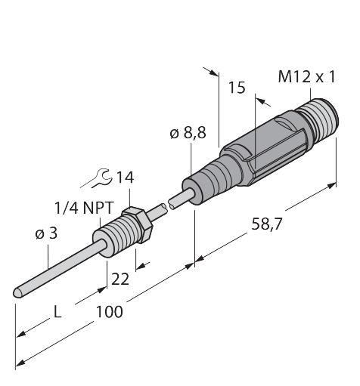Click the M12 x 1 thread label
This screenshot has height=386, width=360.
pyautogui.click(x=307, y=76)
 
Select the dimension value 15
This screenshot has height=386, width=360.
pyautogui.click(x=237, y=88)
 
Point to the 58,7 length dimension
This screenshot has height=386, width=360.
pyautogui.click(x=266, y=224)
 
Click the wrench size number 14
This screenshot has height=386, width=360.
pyautogui.click(x=125, y=178)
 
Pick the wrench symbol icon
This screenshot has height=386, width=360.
pyautogui.click(x=97, y=178)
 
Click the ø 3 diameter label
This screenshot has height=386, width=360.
pyautogui.click(x=46, y=233)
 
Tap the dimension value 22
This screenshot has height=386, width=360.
pyautogui.click(x=120, y=279)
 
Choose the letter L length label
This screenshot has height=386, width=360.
pyautogui.click(x=57, y=313)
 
